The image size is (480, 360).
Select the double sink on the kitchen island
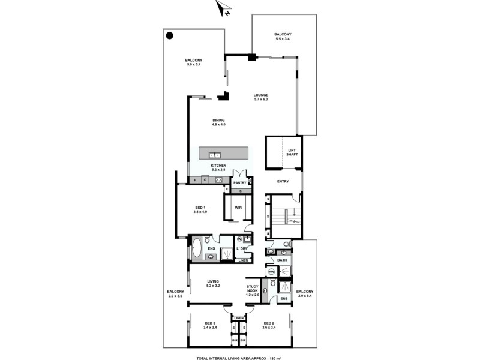pyautogui.click(x=213, y=155)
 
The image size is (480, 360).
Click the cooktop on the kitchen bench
pyautogui.click(x=219, y=179)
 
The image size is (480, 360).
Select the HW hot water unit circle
pyautogui.click(x=271, y=272)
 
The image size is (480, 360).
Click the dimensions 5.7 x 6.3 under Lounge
pyautogui.click(x=260, y=100)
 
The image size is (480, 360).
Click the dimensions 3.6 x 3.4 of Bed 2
pyautogui.click(x=268, y=328)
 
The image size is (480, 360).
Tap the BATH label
pyautogui.click(x=282, y=260)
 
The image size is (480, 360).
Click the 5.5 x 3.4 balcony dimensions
pyautogui.click(x=282, y=40)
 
